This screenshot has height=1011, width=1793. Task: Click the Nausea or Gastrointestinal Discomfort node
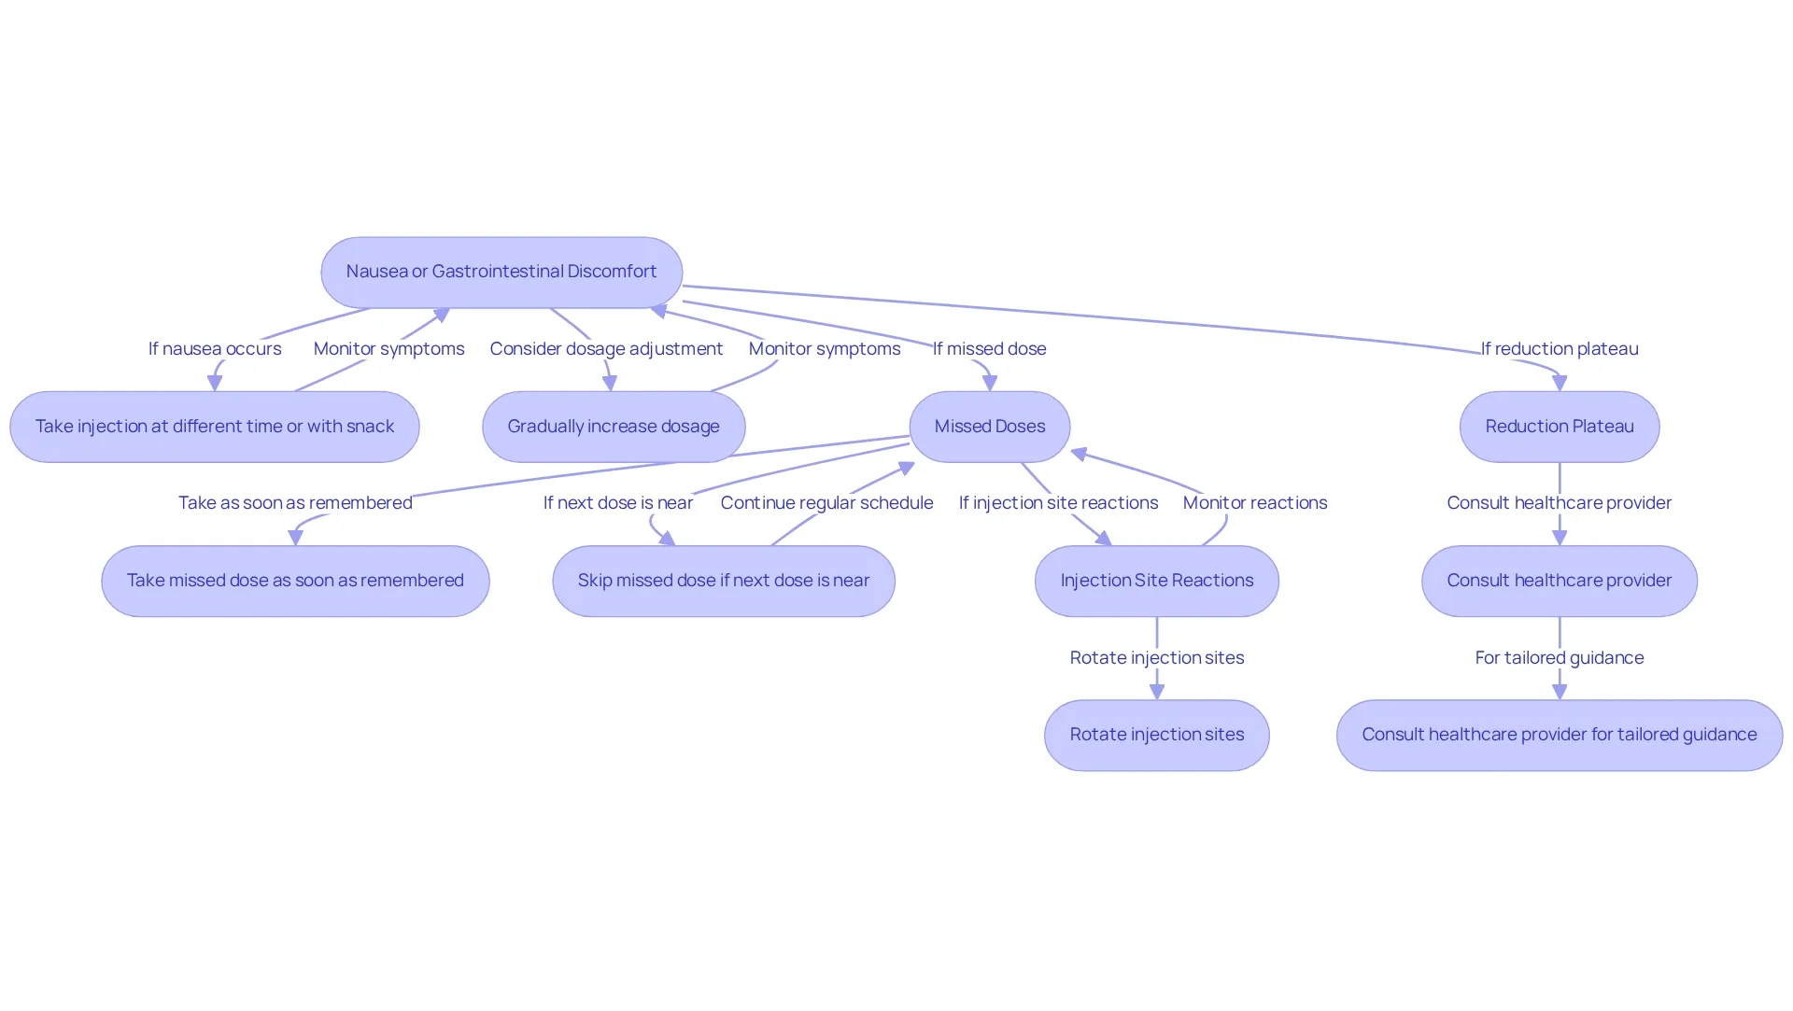tap(501, 272)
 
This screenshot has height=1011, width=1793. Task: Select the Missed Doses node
tap(990, 427)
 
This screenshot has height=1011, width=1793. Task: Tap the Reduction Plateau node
tap(1560, 427)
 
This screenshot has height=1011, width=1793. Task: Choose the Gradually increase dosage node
tap(614, 427)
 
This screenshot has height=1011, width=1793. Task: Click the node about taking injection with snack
tap(215, 427)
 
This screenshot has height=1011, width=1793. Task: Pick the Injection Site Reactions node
tap(1157, 581)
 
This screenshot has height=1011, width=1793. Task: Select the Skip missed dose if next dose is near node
tap(724, 581)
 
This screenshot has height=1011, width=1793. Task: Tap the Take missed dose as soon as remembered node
tap(295, 581)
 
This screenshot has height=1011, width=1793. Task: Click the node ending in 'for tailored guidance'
tap(1560, 736)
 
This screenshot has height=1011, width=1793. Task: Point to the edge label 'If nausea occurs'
tap(215, 349)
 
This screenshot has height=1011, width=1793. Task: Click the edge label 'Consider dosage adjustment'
tap(606, 349)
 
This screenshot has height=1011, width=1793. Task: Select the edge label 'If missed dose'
tap(990, 349)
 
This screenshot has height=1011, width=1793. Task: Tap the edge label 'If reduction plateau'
tap(1560, 349)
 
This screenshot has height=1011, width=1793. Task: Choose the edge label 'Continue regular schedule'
tap(826, 503)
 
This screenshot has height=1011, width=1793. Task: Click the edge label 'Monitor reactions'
tap(1255, 503)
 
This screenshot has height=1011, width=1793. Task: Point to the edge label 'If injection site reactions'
tap(1058, 503)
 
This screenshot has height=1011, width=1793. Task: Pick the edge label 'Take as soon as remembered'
tap(295, 503)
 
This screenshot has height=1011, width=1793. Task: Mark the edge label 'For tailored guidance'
tap(1560, 658)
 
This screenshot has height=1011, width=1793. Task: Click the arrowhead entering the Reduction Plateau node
tap(1560, 383)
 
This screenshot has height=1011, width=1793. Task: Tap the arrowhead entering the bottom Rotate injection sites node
tap(1157, 692)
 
